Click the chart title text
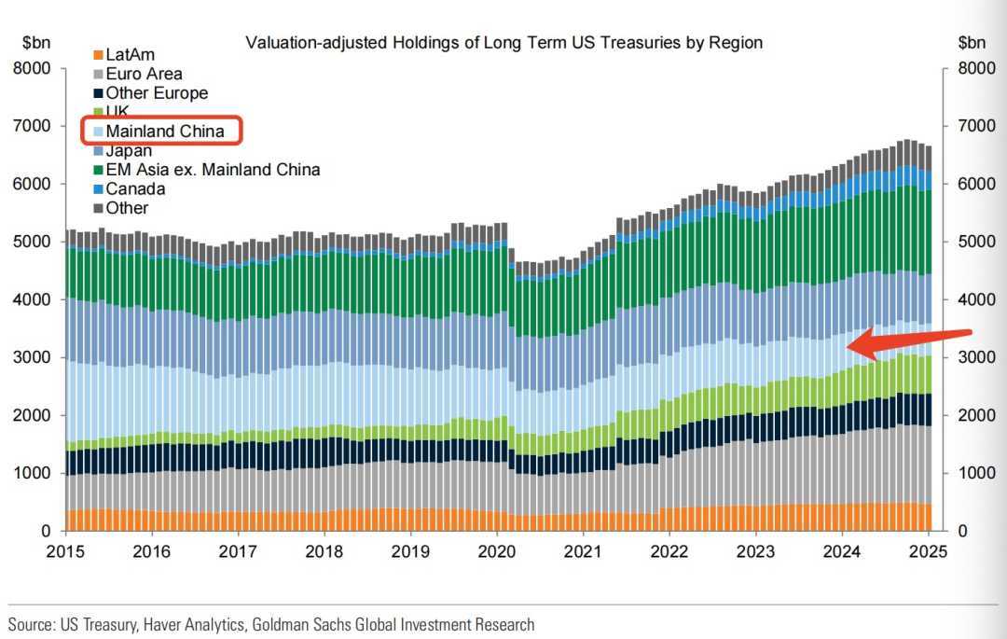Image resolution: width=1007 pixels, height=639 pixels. click(504, 42)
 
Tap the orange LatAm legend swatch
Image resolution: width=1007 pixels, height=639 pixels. click(98, 55)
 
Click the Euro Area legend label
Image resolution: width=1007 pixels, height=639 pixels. click(144, 74)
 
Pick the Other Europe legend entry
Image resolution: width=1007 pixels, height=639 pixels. click(157, 93)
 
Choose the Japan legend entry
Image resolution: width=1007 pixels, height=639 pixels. click(129, 151)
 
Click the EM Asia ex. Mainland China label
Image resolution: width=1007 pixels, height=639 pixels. click(213, 170)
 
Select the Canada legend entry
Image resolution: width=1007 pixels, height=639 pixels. click(135, 189)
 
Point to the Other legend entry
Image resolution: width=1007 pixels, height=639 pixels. click(127, 208)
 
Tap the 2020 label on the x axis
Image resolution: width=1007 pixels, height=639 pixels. click(495, 551)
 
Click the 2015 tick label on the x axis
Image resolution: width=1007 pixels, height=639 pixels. click(65, 551)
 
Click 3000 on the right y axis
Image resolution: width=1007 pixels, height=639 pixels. click(974, 357)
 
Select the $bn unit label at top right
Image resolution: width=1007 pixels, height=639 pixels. click(972, 42)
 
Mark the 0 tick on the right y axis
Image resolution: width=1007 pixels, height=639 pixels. click(962, 531)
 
